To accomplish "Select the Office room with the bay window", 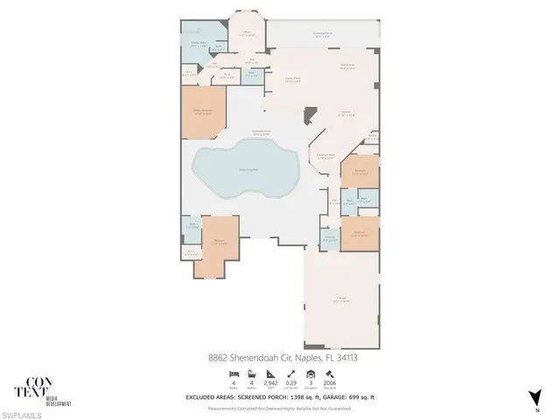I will (246, 35).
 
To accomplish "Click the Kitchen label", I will (346, 114).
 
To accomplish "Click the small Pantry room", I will (372, 136).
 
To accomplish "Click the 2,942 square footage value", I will (272, 382).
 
